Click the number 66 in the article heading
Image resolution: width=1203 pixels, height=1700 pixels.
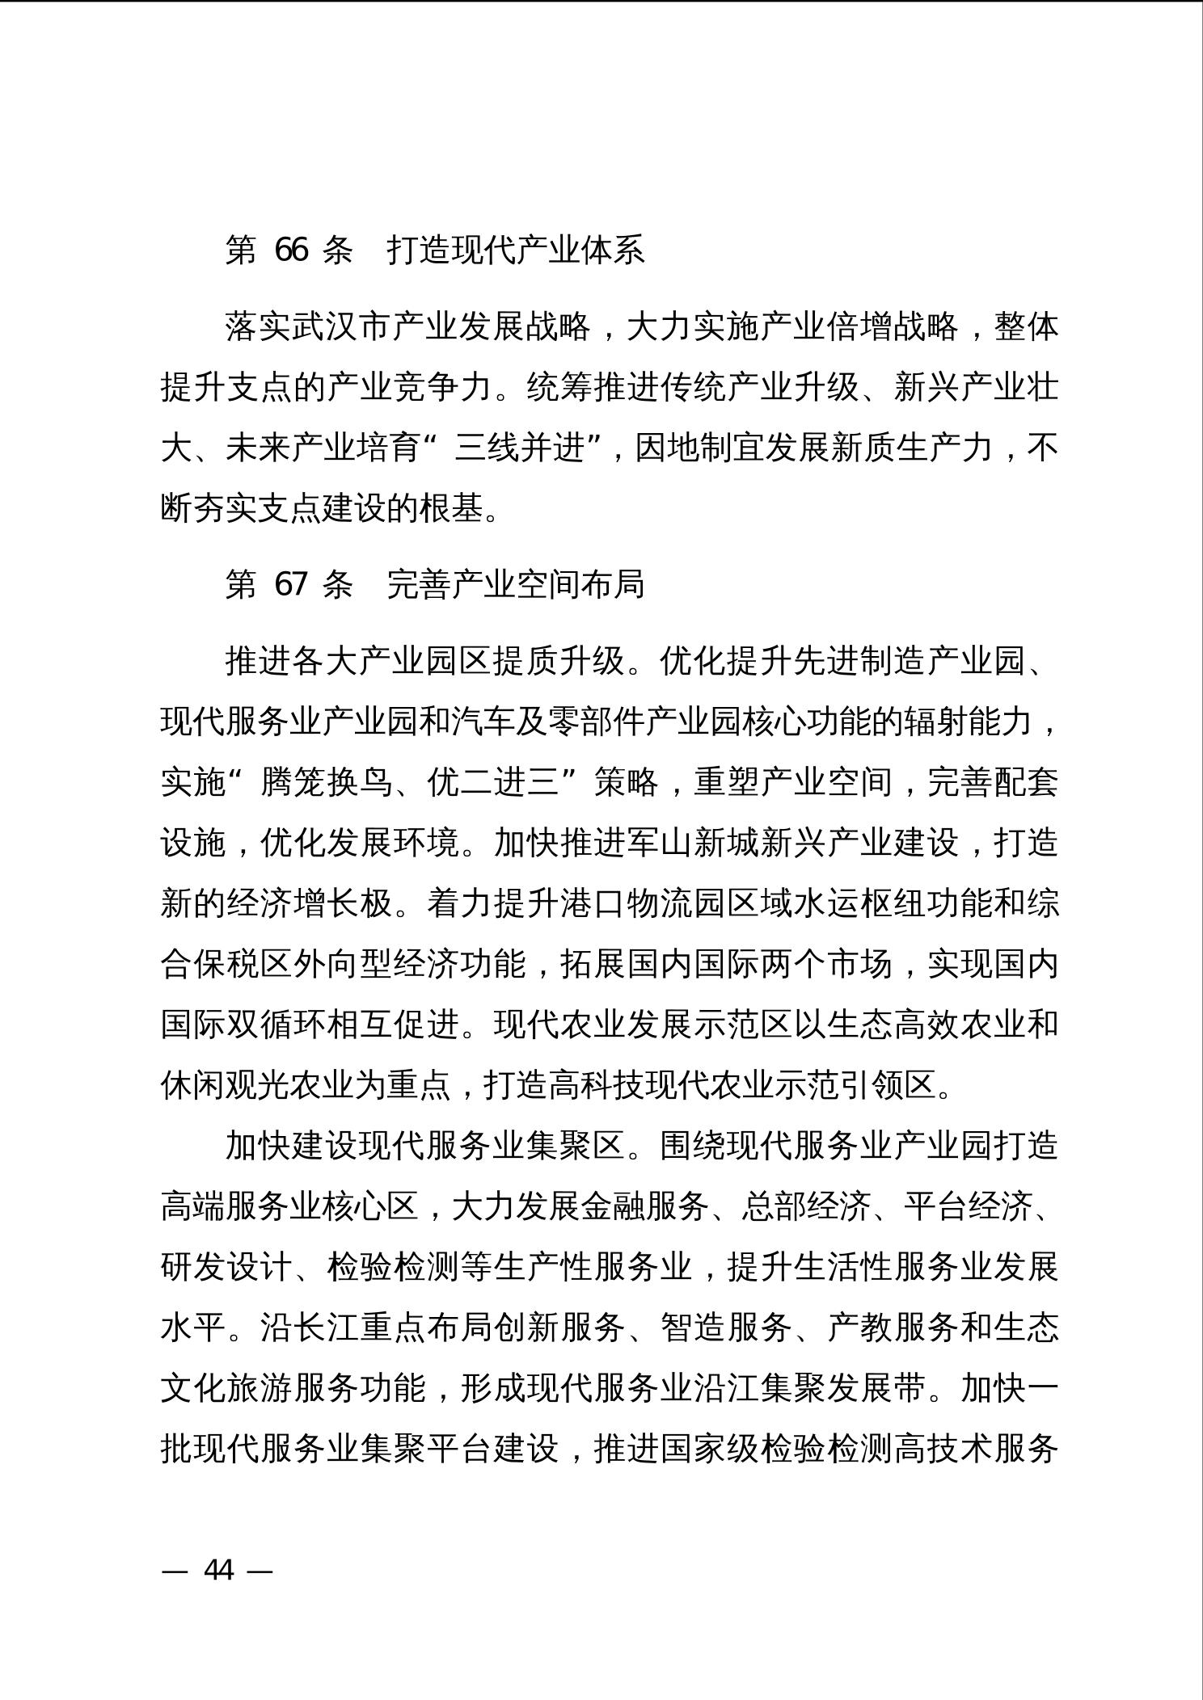click(291, 250)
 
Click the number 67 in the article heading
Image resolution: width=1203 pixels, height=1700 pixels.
click(291, 583)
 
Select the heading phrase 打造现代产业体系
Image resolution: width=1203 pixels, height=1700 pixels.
click(515, 250)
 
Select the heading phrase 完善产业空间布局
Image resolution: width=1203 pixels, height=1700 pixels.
click(515, 583)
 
